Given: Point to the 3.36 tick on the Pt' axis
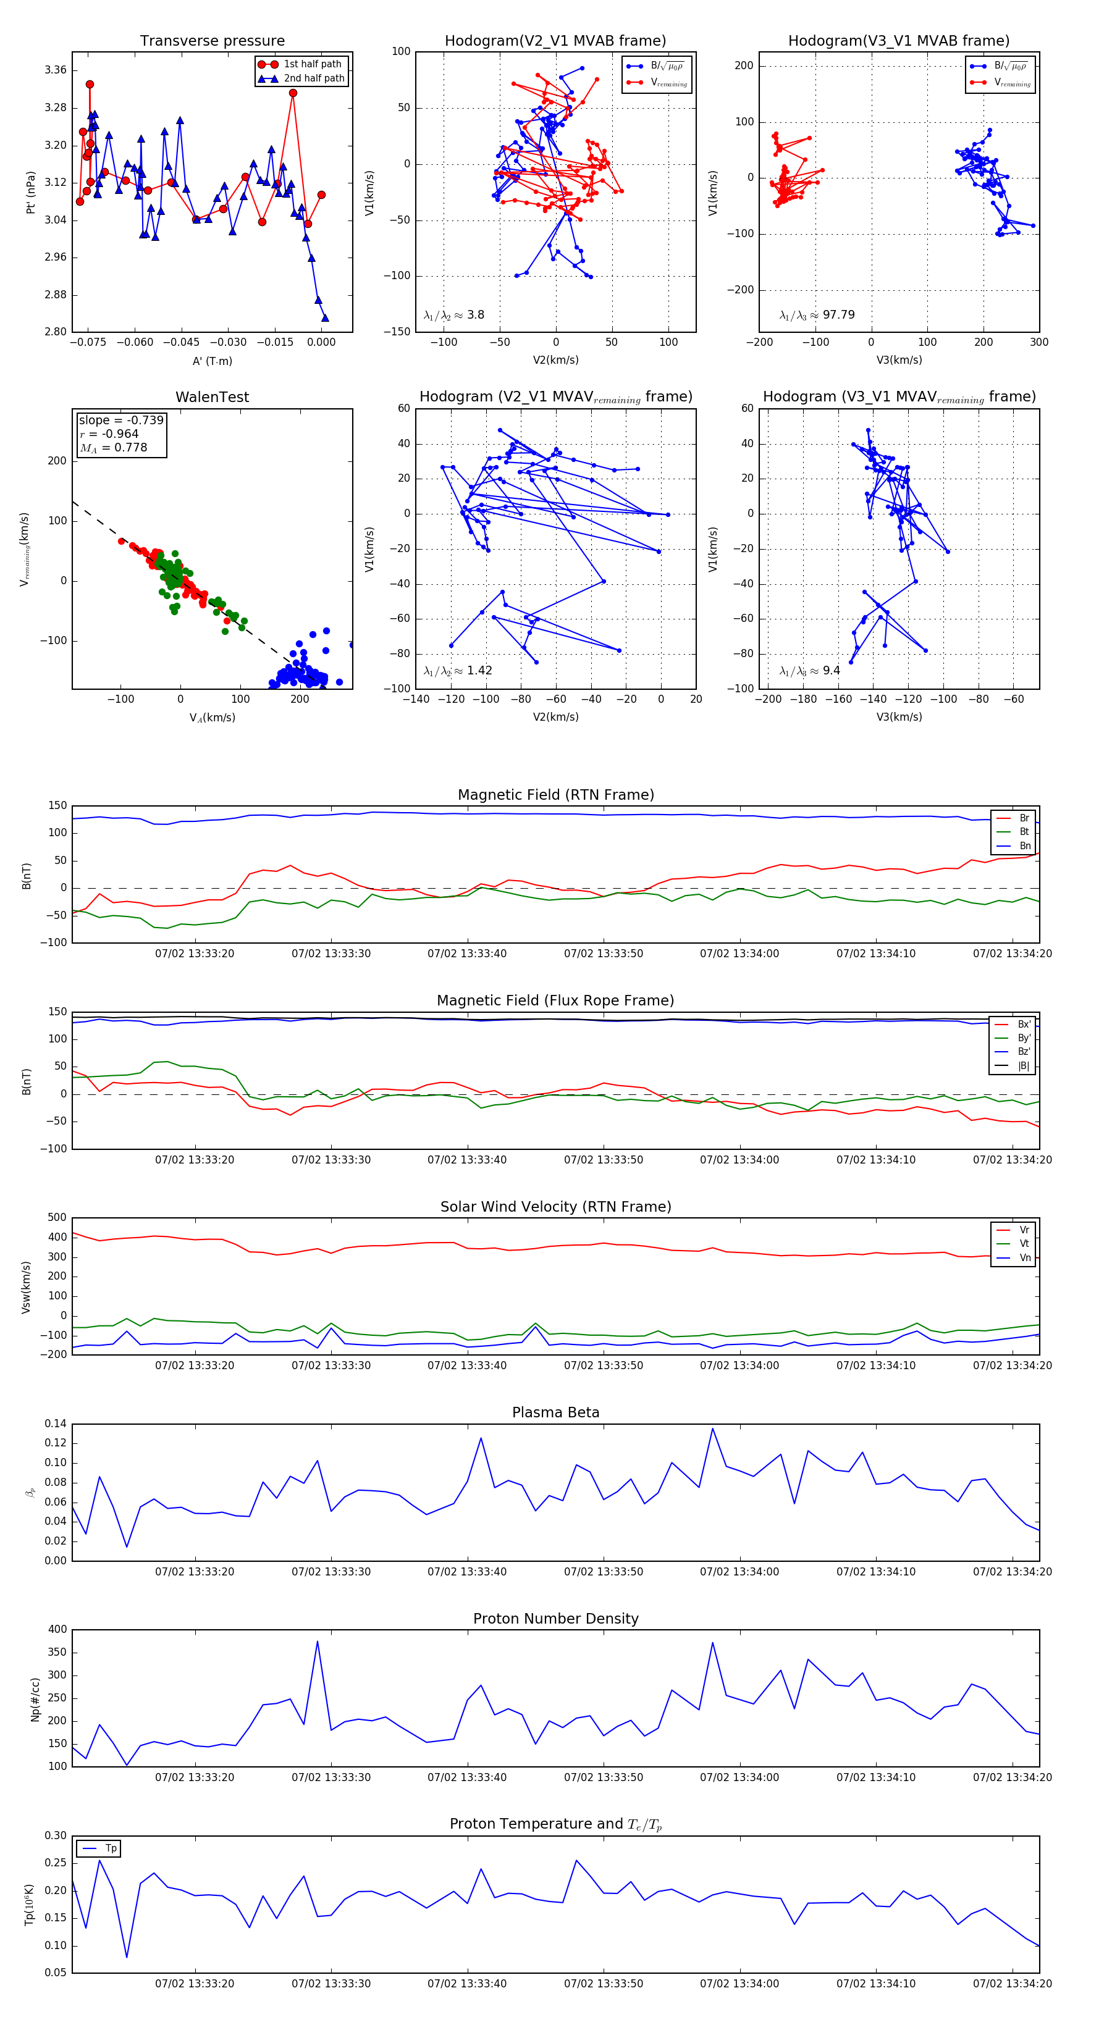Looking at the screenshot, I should click(x=56, y=70).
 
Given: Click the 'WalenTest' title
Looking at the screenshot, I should click(x=212, y=397).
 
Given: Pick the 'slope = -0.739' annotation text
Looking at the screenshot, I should click(x=121, y=420).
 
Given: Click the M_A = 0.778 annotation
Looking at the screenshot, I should click(x=113, y=448).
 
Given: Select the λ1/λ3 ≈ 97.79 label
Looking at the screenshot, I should click(x=817, y=315).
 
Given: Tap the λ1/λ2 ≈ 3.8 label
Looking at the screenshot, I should click(x=454, y=315).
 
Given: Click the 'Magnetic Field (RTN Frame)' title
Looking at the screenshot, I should click(x=555, y=795).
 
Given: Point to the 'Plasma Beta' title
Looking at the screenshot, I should click(x=555, y=1412).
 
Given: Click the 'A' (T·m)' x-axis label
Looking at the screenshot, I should click(x=212, y=361).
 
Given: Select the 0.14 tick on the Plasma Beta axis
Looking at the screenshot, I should click(x=56, y=1424).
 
